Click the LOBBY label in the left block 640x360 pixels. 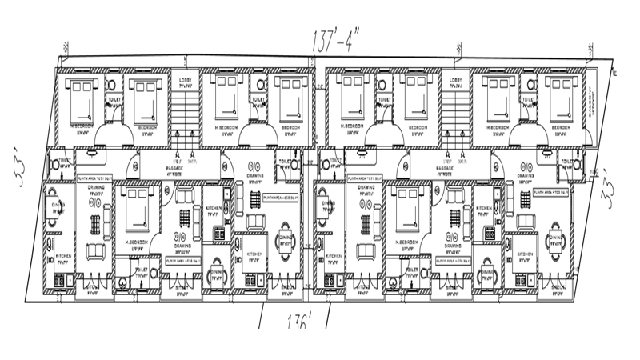(185, 80)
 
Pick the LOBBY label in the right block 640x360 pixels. (456, 80)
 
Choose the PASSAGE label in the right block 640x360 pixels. (446, 168)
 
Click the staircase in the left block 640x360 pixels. (185, 112)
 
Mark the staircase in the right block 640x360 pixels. (456, 112)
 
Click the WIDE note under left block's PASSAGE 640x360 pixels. (175, 174)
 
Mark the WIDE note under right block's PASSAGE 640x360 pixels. (445, 174)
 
